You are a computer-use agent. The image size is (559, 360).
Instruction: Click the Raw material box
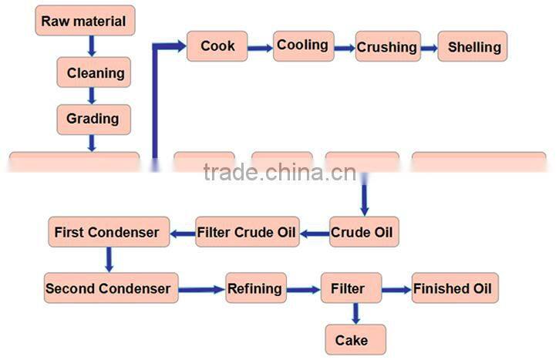click(x=85, y=21)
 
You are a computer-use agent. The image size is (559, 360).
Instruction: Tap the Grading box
click(x=93, y=119)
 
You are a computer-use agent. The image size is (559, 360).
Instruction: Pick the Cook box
click(x=217, y=46)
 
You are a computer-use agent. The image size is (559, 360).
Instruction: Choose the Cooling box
click(x=303, y=45)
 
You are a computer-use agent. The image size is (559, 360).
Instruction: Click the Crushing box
click(x=387, y=47)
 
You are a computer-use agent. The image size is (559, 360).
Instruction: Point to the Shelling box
click(x=473, y=47)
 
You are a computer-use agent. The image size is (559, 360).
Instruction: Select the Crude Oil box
click(x=365, y=232)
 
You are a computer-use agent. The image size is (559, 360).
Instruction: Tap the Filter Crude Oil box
click(x=247, y=232)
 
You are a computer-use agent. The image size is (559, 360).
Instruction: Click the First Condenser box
click(x=107, y=232)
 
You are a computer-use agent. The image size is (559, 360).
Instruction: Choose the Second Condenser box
click(x=108, y=289)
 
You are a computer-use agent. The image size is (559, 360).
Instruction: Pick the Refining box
click(x=255, y=289)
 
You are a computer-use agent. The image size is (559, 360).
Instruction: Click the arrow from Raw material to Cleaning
click(x=92, y=46)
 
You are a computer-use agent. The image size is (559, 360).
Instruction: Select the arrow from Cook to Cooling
click(x=261, y=47)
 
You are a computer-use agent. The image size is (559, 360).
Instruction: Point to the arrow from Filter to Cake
click(x=355, y=314)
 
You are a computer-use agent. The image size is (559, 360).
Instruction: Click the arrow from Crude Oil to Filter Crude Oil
click(x=315, y=232)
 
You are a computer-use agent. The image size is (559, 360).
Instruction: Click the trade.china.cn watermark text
click(x=279, y=172)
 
